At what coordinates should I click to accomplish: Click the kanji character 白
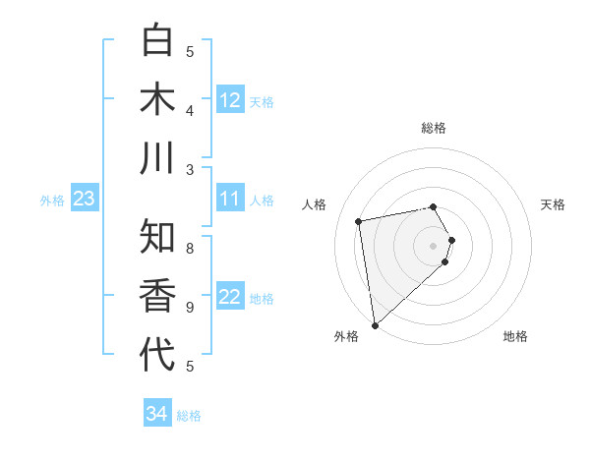157,41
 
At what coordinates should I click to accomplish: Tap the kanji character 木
157,99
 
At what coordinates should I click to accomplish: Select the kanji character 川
157,157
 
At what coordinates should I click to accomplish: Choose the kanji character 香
157,296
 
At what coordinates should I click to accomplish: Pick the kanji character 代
157,355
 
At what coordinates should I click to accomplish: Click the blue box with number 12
230,100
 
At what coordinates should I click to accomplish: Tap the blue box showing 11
230,200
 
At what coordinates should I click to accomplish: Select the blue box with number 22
230,298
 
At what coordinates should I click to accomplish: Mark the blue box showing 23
84,200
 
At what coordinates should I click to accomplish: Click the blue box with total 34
156,414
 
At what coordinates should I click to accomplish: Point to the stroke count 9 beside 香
190,308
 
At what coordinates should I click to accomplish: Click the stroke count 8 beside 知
190,248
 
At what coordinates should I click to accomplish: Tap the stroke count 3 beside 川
190,169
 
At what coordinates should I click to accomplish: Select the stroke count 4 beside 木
190,111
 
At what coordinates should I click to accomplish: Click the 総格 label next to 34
189,416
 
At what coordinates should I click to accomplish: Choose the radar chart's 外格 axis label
345,336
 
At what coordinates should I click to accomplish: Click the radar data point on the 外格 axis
375,324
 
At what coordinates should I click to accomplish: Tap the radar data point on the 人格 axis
359,221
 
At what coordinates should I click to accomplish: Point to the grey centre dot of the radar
434,245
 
